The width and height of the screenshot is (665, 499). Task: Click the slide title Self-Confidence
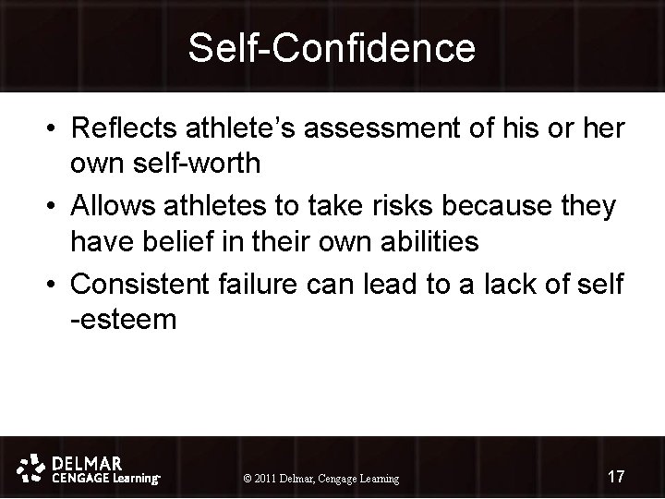(332, 47)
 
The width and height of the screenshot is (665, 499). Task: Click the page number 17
(616, 477)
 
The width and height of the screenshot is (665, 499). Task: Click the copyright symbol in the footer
(246, 479)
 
